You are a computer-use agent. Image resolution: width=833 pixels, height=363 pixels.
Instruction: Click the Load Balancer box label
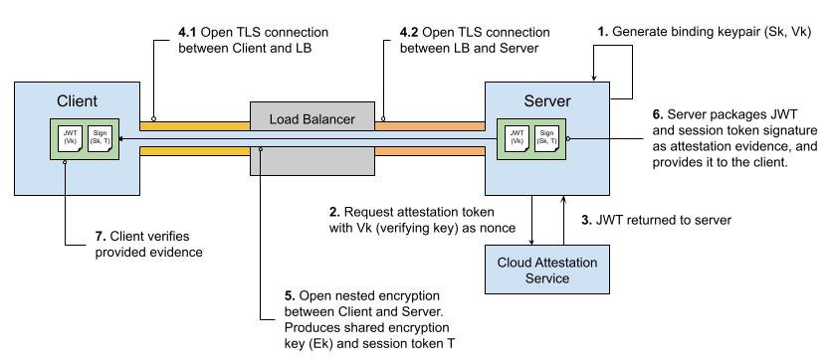coord(312,119)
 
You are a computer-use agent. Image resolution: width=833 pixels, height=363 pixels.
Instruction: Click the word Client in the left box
coord(77,101)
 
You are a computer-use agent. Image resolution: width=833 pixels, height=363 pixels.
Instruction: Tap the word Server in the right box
coord(547,101)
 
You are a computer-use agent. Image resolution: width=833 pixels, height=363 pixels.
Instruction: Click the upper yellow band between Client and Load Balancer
coord(194,126)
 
